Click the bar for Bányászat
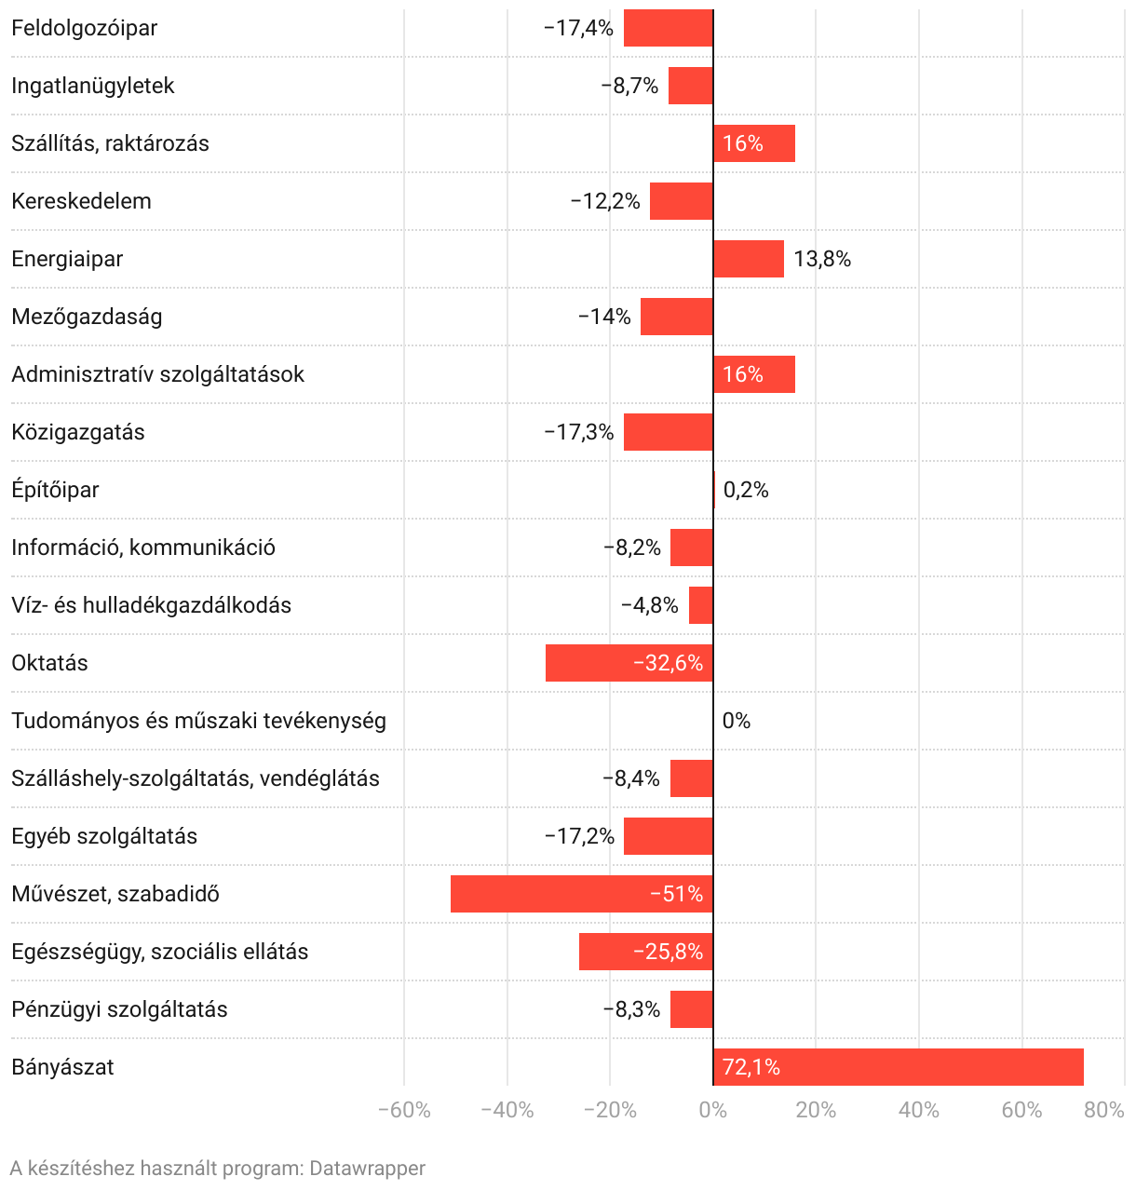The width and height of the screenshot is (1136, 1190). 898,1067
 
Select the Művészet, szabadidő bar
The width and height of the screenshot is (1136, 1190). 581,894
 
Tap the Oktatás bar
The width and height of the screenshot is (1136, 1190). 629,663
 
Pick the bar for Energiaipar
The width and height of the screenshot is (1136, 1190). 749,259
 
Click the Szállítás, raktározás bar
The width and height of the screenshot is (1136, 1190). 754,143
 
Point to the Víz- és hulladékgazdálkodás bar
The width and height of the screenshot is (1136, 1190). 701,605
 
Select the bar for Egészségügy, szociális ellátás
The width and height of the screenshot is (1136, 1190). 645,952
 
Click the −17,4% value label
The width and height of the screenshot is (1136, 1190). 578,28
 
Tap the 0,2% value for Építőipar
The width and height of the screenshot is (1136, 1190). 746,490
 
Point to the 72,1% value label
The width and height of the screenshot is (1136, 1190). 751,1067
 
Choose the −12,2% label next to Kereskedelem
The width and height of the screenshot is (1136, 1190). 605,201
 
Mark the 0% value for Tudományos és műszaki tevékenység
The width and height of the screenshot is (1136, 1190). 737,721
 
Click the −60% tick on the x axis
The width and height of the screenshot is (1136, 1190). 404,1110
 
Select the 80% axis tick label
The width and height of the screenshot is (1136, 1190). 1104,1110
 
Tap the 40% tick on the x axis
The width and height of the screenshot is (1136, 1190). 919,1110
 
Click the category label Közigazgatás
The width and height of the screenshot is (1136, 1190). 78,432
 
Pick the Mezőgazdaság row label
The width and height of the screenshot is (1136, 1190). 87,317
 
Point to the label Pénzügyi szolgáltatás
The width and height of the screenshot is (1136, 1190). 119,1009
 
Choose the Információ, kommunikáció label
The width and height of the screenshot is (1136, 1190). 143,548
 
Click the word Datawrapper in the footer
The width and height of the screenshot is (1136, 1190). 367,1169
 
